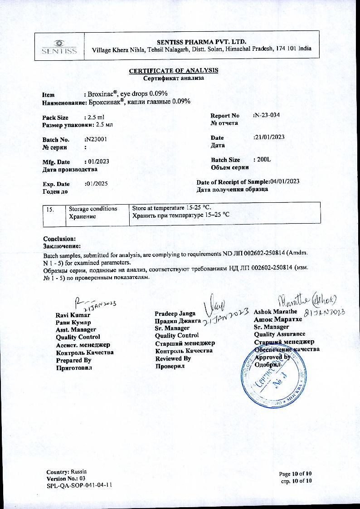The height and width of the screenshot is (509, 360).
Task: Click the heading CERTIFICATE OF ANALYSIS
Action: click(174, 70)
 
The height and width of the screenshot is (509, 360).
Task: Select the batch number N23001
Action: click(96, 140)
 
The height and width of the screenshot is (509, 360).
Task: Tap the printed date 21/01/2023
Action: click(269, 137)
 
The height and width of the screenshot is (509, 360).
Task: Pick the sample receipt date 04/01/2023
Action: click(285, 181)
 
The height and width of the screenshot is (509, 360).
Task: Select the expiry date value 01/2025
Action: click(97, 184)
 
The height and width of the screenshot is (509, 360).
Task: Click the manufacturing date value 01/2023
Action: click(97, 162)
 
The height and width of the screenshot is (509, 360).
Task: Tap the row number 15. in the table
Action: click(51, 209)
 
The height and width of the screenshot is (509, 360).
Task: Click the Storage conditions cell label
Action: click(92, 209)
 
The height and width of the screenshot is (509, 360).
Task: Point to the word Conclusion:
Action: click(59, 239)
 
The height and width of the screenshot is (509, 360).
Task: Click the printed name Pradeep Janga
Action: click(175, 313)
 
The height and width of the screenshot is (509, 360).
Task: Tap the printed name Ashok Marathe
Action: click(275, 312)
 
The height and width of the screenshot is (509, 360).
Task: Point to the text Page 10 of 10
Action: click(296, 474)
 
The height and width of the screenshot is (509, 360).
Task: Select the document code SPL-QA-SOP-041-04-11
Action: click(79, 485)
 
